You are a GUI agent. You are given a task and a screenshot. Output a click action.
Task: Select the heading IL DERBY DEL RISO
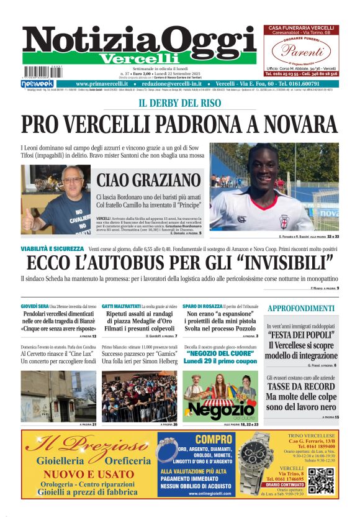click(179, 102)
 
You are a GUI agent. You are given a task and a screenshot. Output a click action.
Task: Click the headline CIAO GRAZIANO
click(146, 181)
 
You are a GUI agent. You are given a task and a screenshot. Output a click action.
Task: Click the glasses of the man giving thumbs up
click(68, 181)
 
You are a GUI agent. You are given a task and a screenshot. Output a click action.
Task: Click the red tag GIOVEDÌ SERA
click(35, 307)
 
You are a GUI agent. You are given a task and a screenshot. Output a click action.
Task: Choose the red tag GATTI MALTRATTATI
click(122, 307)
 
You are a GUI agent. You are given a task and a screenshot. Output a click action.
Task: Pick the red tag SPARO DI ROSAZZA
click(202, 307)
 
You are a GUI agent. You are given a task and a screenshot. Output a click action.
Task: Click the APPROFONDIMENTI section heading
click(301, 308)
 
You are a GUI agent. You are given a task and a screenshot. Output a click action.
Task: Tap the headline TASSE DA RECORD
click(301, 386)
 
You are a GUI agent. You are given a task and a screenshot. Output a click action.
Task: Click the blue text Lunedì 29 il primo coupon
click(220, 361)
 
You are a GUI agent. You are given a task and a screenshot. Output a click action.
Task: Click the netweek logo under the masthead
click(38, 83)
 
